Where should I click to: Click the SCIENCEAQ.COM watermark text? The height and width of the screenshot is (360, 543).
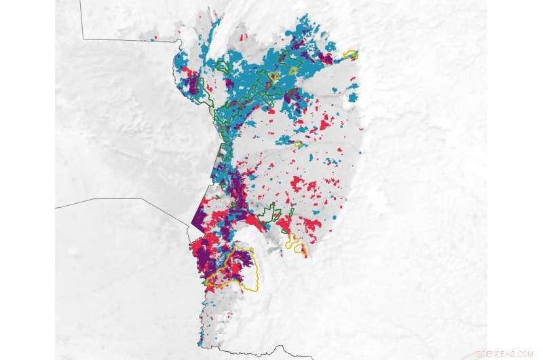[x=504, y=354]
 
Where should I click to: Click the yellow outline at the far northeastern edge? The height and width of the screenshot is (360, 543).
[x=351, y=54]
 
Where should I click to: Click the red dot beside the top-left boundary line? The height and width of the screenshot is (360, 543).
[x=155, y=37]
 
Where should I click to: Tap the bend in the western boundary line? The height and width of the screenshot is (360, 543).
[x=143, y=199]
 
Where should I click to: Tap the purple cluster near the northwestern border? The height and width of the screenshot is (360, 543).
[x=193, y=85]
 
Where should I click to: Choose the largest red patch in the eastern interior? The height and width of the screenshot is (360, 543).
[x=299, y=183]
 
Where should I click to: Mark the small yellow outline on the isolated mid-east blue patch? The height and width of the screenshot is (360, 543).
[x=297, y=143]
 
